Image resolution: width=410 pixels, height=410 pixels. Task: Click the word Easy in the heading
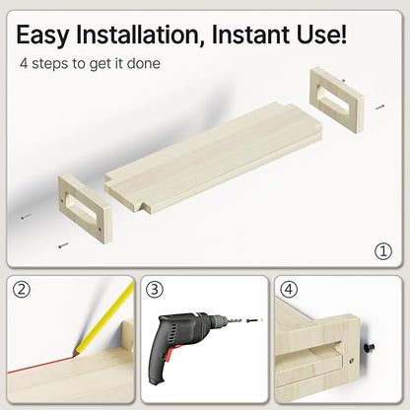42,35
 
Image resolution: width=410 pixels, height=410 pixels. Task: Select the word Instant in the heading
251,34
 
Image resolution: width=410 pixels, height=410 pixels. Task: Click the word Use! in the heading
322,34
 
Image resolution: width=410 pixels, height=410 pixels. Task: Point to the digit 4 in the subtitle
24,63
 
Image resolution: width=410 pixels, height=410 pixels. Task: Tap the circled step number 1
383,251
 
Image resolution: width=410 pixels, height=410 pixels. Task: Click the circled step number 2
22,290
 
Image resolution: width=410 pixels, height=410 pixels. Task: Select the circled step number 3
155,290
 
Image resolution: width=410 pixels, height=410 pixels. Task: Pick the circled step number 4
289,290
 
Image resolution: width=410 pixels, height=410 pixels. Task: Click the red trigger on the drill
170,354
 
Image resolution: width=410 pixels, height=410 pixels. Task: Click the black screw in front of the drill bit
251,319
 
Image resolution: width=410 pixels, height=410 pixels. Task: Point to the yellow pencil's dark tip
75,353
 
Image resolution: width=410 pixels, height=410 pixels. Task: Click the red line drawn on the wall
40,366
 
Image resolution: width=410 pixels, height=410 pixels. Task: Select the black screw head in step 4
370,347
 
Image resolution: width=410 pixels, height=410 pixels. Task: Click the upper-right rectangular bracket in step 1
337,100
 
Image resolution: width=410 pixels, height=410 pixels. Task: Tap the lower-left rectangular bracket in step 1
86,208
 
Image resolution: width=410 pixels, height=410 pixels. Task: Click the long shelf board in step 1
213,159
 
